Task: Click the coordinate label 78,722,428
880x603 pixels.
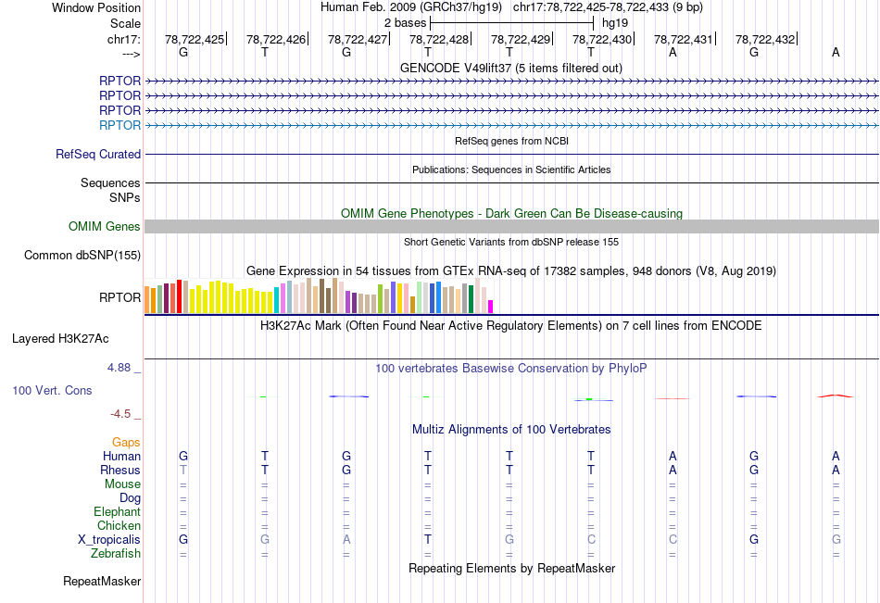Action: (x=439, y=39)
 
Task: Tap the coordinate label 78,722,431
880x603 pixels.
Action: (x=684, y=39)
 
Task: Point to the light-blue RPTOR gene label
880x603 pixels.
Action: (x=120, y=125)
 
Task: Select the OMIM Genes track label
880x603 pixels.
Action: (x=105, y=227)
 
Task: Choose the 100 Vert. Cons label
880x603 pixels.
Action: (x=53, y=391)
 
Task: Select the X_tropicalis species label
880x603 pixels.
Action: (x=109, y=539)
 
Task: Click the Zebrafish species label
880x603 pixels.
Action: (x=116, y=553)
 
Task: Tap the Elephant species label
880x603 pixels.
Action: (x=118, y=511)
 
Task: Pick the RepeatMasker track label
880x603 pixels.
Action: (x=102, y=582)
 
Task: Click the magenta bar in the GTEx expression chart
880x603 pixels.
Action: (x=491, y=306)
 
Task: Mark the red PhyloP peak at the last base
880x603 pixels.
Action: (x=836, y=396)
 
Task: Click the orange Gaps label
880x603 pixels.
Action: (x=127, y=443)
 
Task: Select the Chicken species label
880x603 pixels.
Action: (x=119, y=525)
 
